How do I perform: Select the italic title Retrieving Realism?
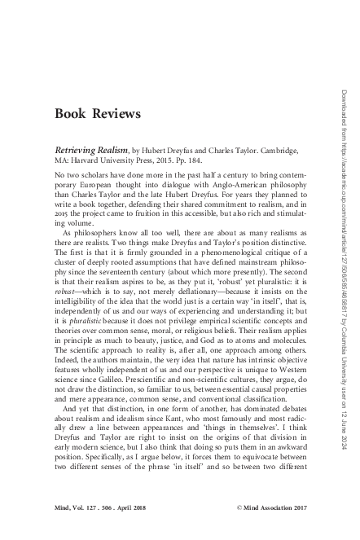pyautogui.click(x=89, y=151)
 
